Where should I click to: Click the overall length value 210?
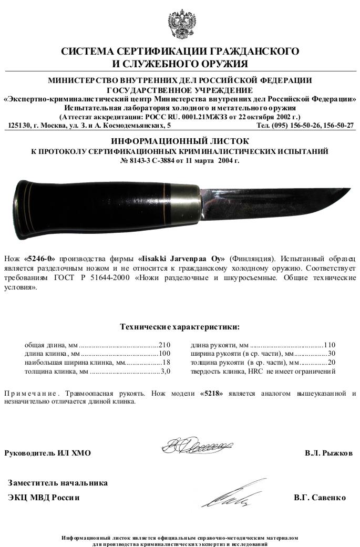pyautogui.click(x=165, y=345)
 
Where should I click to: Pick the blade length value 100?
pyautogui.click(x=165, y=354)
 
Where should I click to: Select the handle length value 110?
pyautogui.click(x=330, y=345)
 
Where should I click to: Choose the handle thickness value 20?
pyautogui.click(x=331, y=363)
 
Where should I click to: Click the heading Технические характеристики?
pyautogui.click(x=180, y=327)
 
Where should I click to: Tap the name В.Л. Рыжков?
pyautogui.click(x=328, y=453)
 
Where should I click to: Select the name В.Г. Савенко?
pyautogui.click(x=320, y=498)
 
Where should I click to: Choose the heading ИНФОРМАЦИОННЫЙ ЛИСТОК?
pyautogui.click(x=180, y=141)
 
